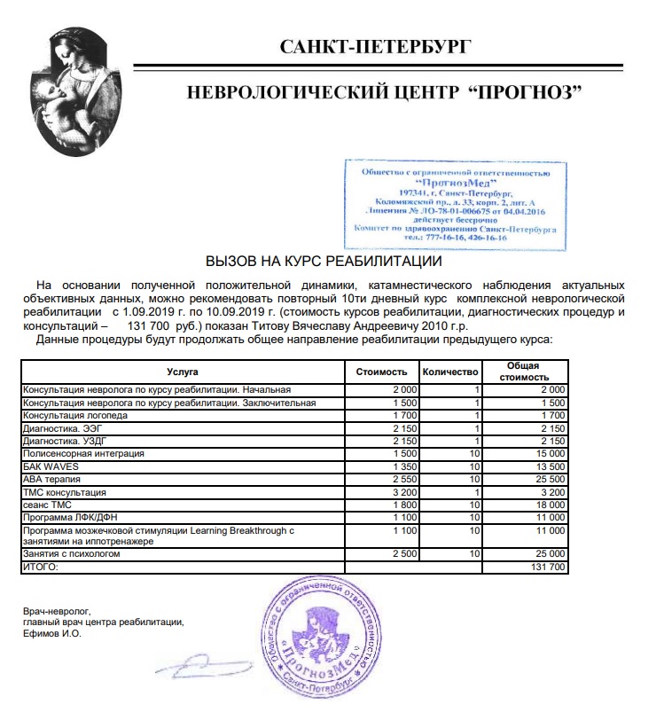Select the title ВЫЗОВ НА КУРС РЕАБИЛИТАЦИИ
(x=324, y=262)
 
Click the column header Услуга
(x=182, y=371)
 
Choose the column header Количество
(x=450, y=371)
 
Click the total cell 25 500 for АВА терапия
(x=547, y=479)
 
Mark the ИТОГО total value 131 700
(x=545, y=567)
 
